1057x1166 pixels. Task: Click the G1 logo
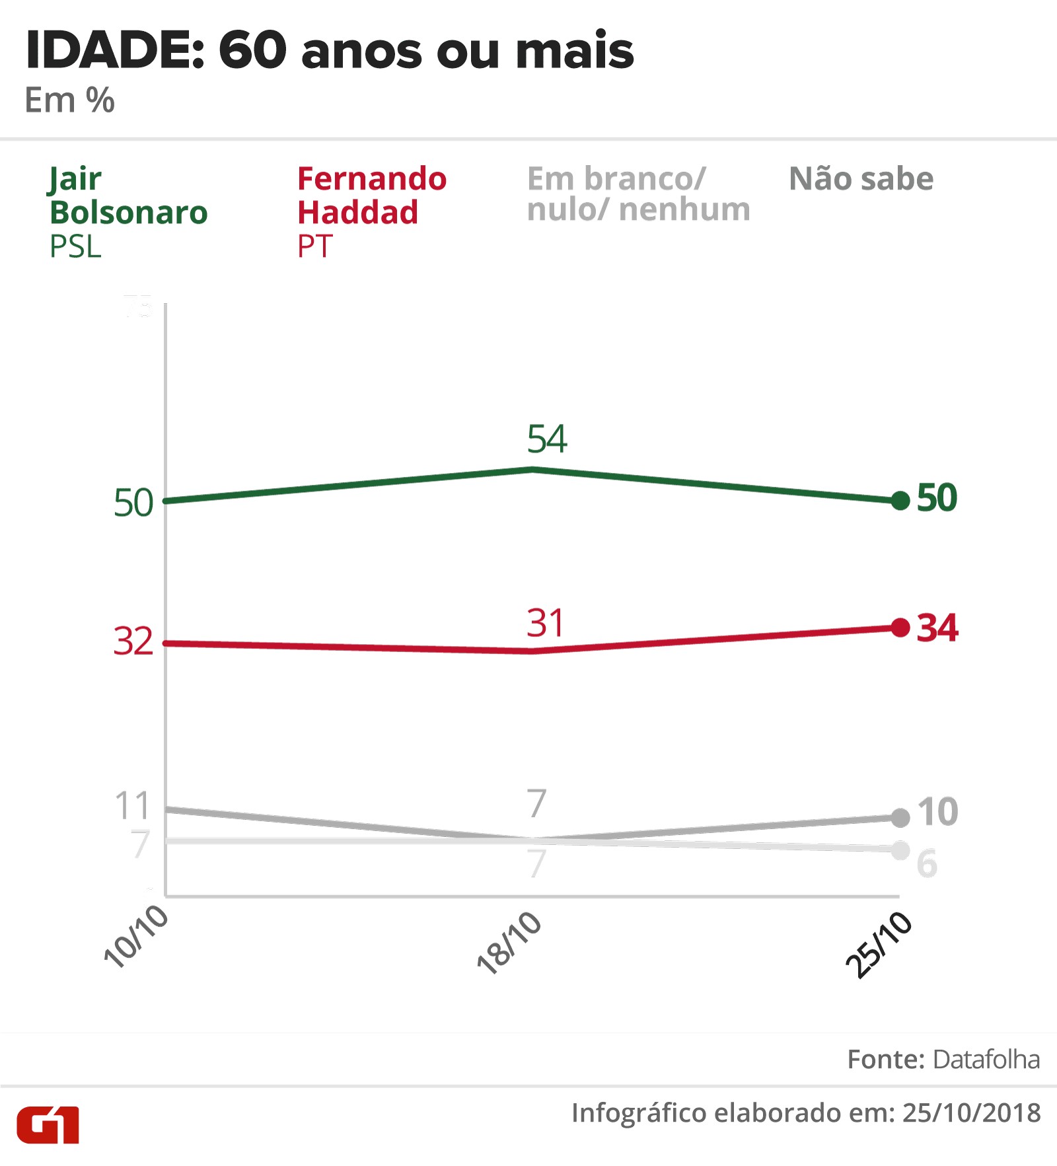(48, 1124)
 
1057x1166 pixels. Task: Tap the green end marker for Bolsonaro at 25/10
(900, 501)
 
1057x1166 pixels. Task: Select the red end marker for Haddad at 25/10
(900, 627)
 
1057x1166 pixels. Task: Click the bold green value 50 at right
(937, 498)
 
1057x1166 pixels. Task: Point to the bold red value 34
(937, 628)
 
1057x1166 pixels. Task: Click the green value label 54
(547, 439)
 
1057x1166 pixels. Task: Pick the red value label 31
(546, 623)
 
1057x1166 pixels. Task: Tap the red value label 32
(133, 641)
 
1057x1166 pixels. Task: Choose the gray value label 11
(133, 806)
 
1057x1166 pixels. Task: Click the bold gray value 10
(937, 812)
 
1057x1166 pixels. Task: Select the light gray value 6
(927, 863)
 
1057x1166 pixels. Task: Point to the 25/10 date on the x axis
(879, 945)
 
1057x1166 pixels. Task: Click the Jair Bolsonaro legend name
(128, 196)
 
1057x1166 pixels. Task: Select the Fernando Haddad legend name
(371, 196)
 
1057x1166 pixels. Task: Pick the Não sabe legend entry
(861, 179)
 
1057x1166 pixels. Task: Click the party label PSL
(75, 247)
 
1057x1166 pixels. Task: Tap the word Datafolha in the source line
(986, 1060)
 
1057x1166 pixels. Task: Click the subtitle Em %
(69, 101)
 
